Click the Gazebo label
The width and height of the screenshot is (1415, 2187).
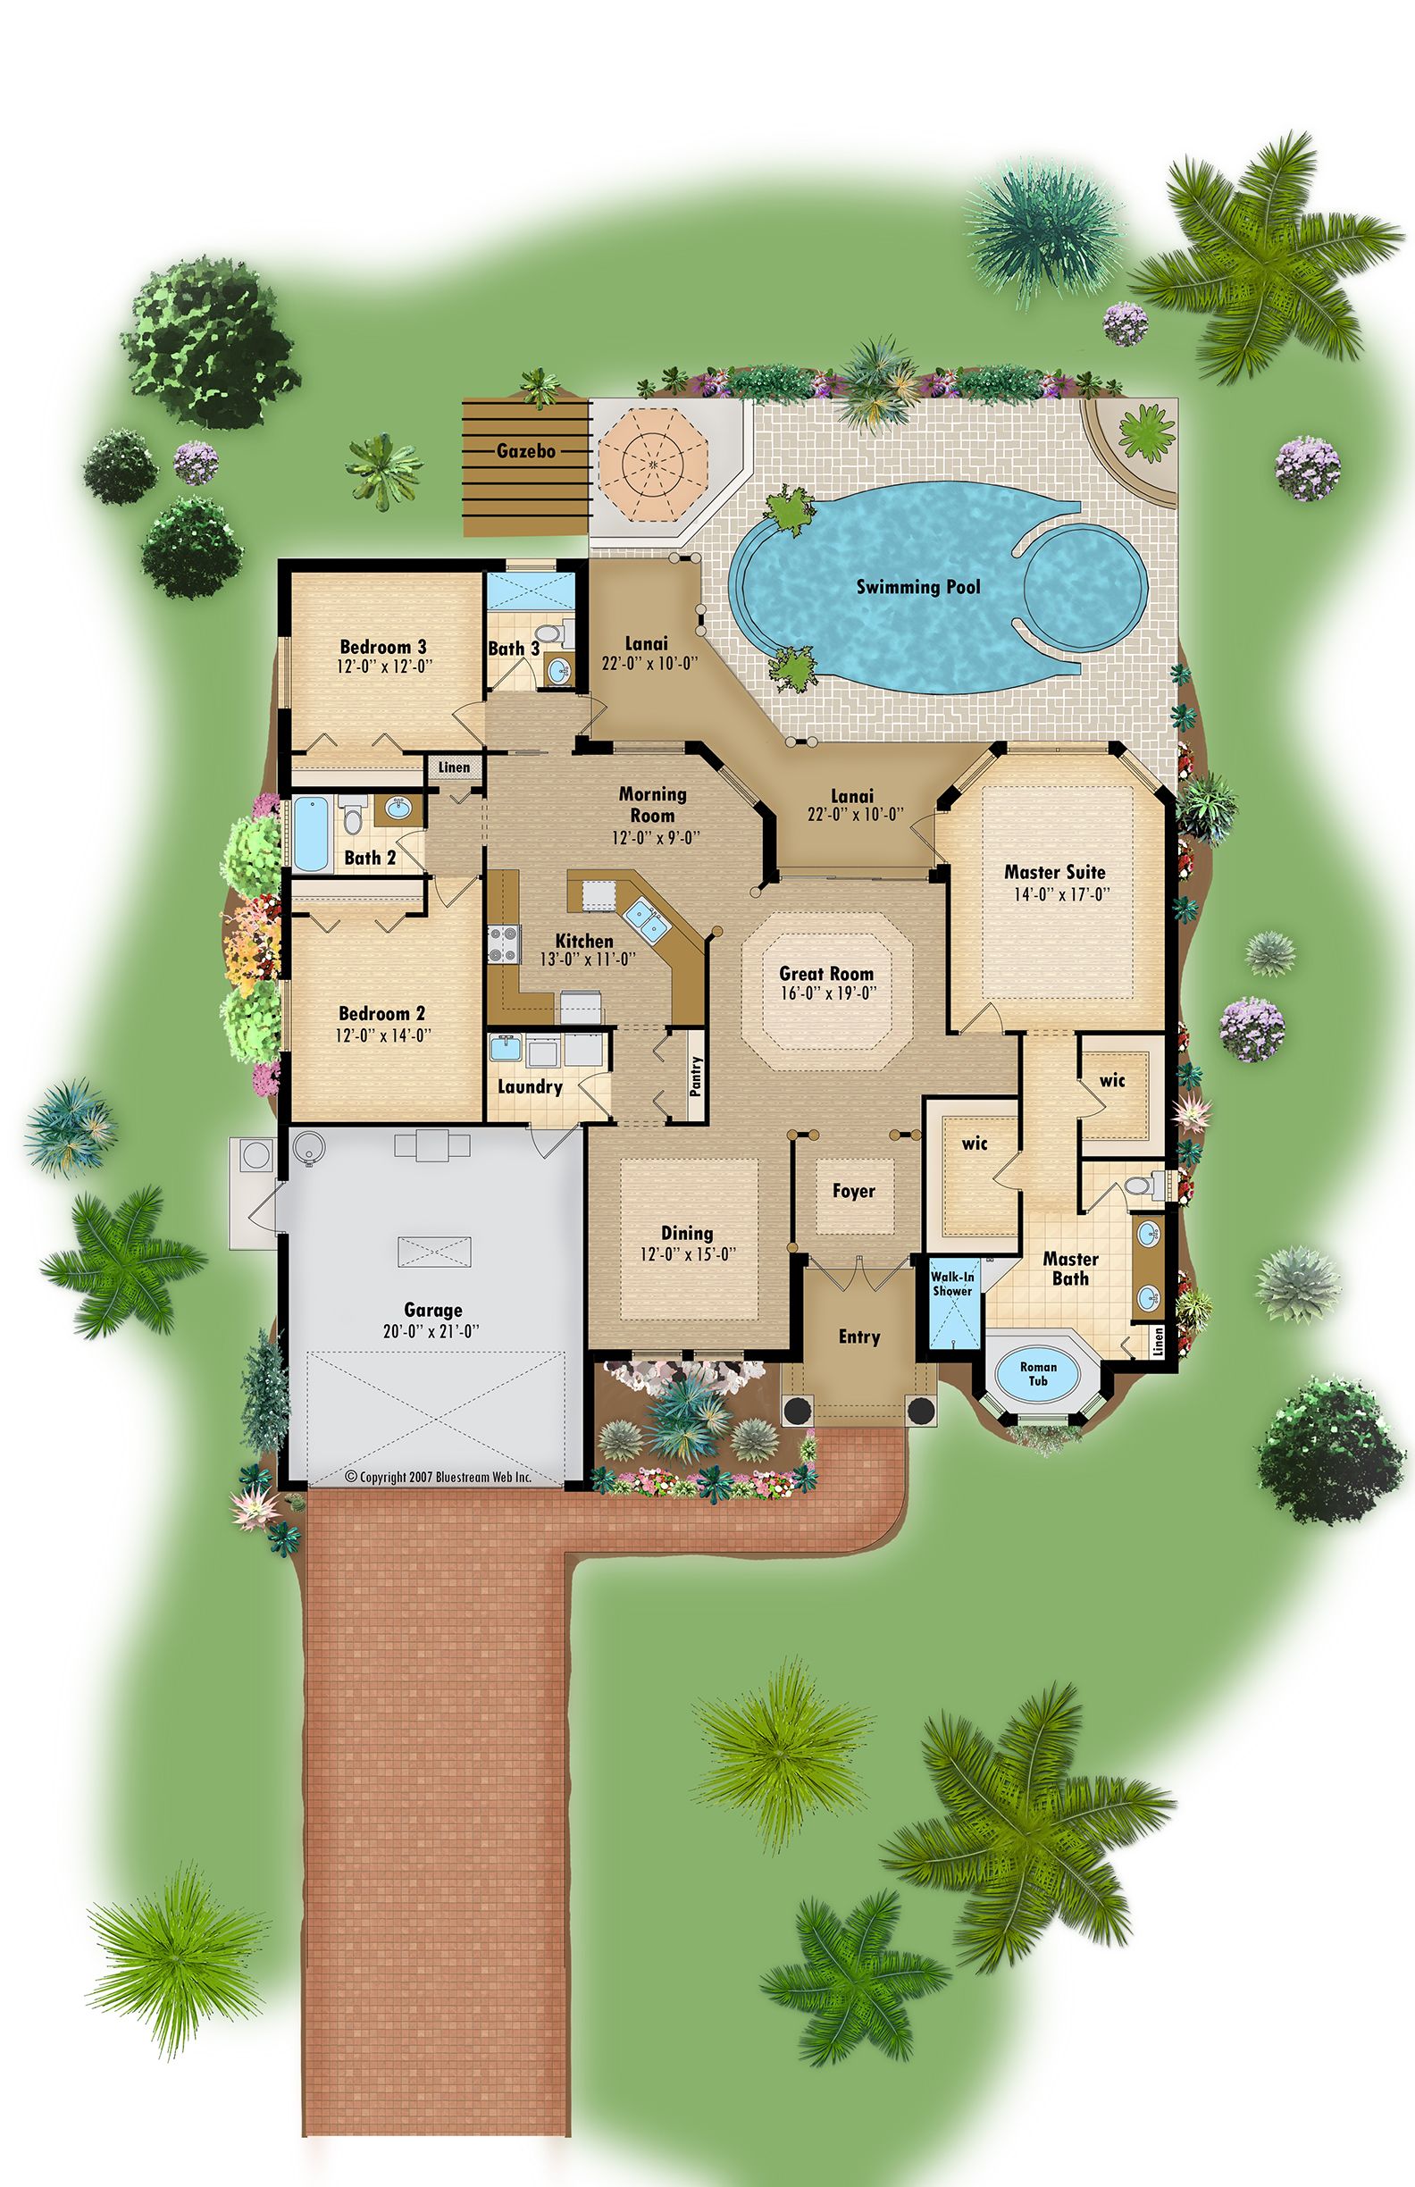tap(525, 451)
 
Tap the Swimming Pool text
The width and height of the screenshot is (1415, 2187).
tap(918, 587)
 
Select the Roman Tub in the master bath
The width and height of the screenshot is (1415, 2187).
tap(1038, 1374)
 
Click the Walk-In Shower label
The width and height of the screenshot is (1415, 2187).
tap(952, 1284)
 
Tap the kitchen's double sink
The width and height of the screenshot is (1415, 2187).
tap(645, 919)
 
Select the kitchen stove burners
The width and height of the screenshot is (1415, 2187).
tap(505, 943)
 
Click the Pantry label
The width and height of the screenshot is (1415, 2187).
tap(696, 1075)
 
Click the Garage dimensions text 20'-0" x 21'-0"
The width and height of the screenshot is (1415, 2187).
tap(431, 1330)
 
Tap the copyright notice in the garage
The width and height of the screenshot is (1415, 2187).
tap(439, 1477)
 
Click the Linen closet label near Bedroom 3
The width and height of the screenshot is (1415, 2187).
tap(454, 767)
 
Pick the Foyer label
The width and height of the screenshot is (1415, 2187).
tap(854, 1191)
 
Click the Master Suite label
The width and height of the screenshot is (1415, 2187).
tap(1055, 872)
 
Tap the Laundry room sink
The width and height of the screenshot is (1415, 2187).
tap(506, 1049)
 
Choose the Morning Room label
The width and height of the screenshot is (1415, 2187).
tap(652, 804)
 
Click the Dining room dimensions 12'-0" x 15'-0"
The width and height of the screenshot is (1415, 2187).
tap(688, 1254)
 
